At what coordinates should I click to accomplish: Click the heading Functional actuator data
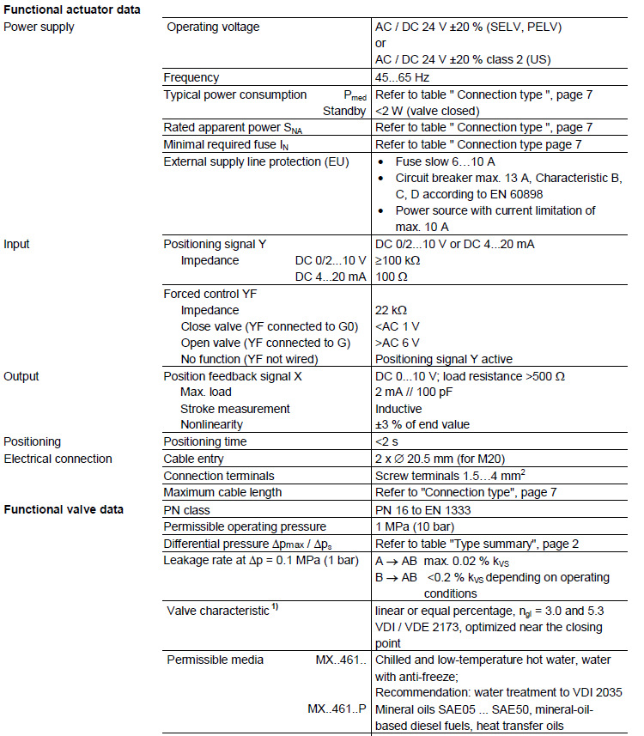72,9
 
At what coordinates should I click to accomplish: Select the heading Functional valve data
64,509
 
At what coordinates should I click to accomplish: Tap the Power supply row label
39,27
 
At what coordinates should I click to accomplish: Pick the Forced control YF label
210,294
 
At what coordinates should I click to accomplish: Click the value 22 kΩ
391,310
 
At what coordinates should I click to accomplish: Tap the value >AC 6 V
398,343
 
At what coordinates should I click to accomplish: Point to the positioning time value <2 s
388,441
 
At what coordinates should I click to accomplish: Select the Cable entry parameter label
197,459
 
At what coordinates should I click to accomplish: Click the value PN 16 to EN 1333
424,509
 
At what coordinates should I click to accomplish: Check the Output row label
21,376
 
